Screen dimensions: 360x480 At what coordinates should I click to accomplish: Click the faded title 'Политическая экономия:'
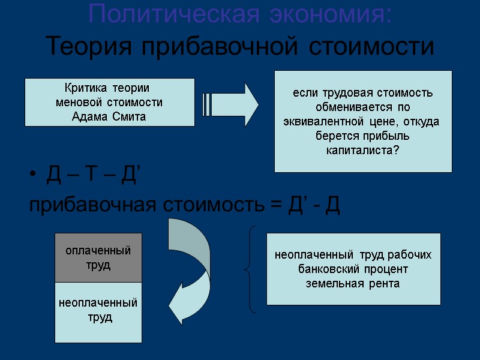[240, 14]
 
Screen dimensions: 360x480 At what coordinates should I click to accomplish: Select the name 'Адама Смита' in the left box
[109, 116]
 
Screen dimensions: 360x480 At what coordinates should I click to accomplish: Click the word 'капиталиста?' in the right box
[362, 149]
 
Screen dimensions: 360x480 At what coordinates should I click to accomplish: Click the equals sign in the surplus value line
[275, 206]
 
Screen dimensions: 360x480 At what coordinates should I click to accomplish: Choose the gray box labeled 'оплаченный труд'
[98, 257]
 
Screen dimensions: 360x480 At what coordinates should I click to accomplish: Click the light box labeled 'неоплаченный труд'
[98, 310]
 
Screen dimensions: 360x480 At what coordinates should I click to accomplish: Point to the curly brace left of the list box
[250, 269]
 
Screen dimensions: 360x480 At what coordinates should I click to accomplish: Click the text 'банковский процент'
[353, 269]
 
